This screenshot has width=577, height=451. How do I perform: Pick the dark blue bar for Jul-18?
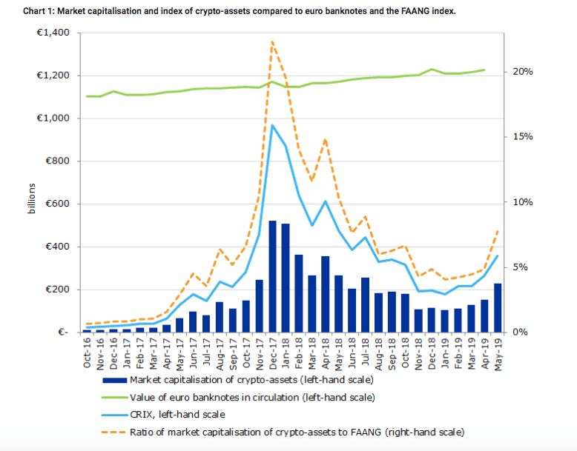point(365,304)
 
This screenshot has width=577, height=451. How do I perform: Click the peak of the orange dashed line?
point(272,41)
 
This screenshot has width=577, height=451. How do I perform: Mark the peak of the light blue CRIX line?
point(272,125)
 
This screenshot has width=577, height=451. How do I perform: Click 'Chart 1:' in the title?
point(23,11)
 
